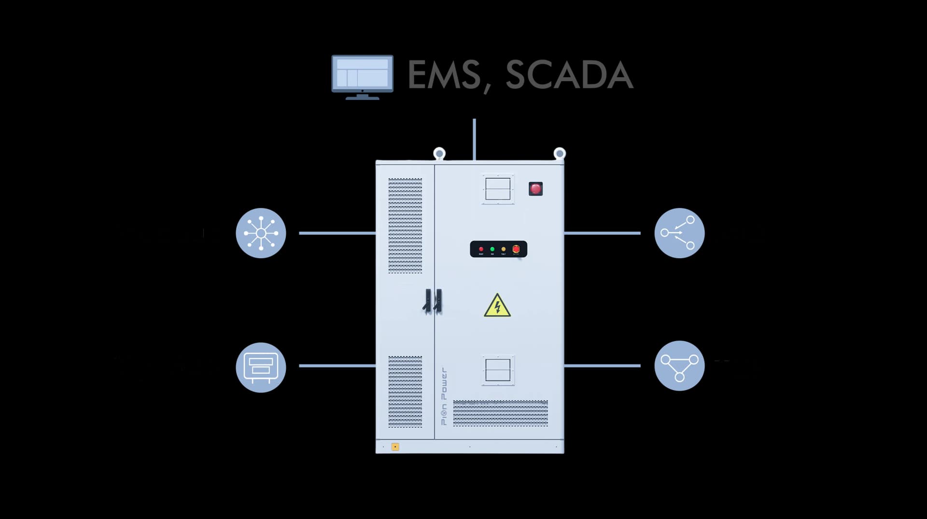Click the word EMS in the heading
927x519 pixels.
[x=444, y=75]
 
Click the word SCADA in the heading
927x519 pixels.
[x=569, y=75]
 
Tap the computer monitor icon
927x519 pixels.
[x=362, y=76]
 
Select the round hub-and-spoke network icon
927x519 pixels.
[x=261, y=233]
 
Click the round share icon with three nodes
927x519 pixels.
[x=679, y=233]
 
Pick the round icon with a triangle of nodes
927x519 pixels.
[x=679, y=366]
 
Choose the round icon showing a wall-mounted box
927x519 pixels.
[x=261, y=367]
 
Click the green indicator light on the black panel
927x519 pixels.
[x=492, y=249]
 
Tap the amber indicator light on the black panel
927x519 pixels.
[x=504, y=249]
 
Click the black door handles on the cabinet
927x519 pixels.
[x=433, y=301]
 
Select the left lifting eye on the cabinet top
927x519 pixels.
[x=439, y=154]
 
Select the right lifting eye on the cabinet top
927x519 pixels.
[x=560, y=154]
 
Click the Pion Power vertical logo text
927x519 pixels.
[x=444, y=396]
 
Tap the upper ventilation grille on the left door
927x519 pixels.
[x=405, y=225]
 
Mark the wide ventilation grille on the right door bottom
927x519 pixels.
[x=500, y=413]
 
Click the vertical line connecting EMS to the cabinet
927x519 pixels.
[x=474, y=139]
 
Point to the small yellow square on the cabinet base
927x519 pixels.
[x=395, y=447]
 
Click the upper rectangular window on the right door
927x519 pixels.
[x=498, y=189]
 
